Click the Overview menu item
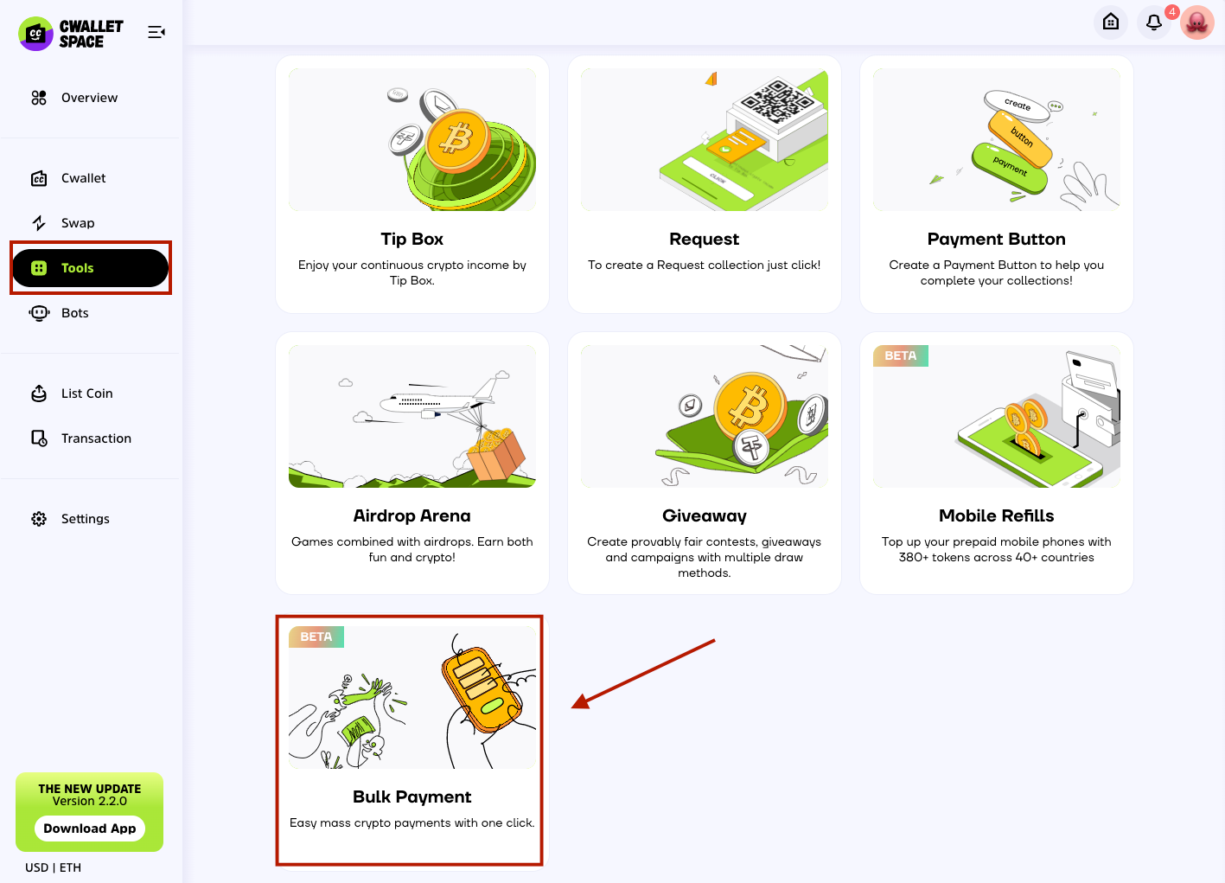pyautogui.click(x=74, y=98)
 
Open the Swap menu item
pyautogui.click(x=63, y=222)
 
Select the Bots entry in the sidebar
pyautogui.click(x=59, y=313)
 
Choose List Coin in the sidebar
pyautogui.click(x=72, y=394)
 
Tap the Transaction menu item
pyautogui.click(x=81, y=438)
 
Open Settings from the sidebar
pyautogui.click(x=70, y=519)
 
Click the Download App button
pyautogui.click(x=90, y=829)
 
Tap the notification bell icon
pyautogui.click(x=1154, y=22)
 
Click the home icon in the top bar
pyautogui.click(x=1111, y=22)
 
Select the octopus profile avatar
pyautogui.click(x=1197, y=22)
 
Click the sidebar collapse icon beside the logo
pyautogui.click(x=156, y=32)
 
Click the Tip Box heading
pyautogui.click(x=412, y=239)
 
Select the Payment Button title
pyautogui.click(x=997, y=239)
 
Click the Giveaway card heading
pyautogui.click(x=705, y=516)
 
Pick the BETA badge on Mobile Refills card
pyautogui.click(x=901, y=355)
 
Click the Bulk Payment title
pyautogui.click(x=412, y=797)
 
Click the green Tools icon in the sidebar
pyautogui.click(x=39, y=268)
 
